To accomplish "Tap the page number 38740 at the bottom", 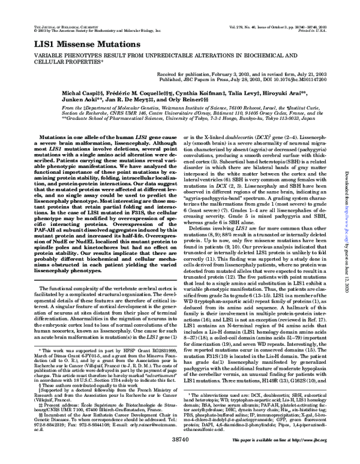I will point(180,457).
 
